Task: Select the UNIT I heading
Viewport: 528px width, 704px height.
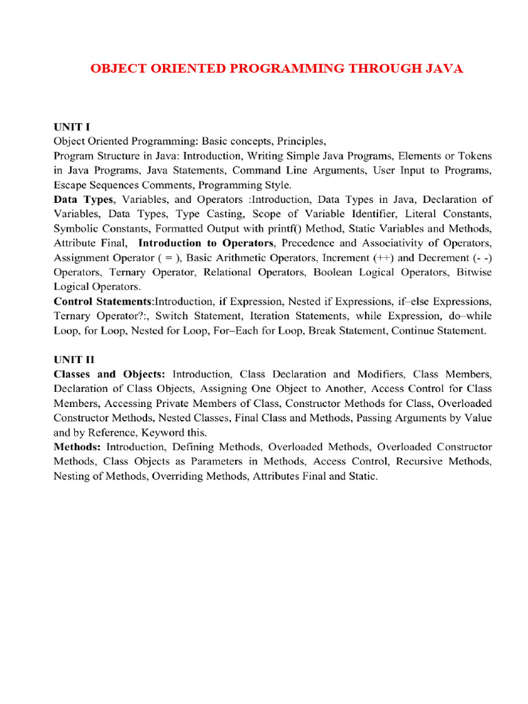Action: click(x=72, y=126)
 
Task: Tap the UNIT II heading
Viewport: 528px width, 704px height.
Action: click(x=74, y=359)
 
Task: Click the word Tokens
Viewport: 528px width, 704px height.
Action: click(x=476, y=156)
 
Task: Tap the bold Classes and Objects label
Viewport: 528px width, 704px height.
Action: click(x=109, y=374)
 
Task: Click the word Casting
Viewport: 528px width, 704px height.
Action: click(x=201, y=214)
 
